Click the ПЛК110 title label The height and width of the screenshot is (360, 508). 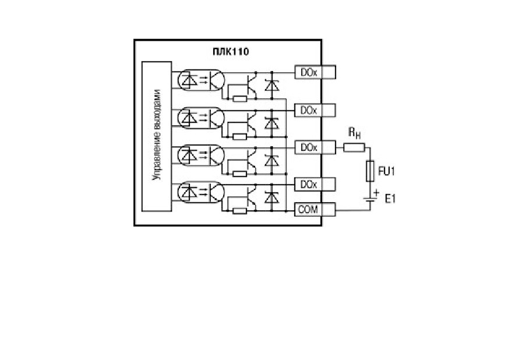coord(231,51)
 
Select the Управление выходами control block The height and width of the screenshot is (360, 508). coord(157,136)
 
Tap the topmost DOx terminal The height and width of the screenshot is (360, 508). coord(315,72)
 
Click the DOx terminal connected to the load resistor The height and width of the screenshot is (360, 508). coord(315,147)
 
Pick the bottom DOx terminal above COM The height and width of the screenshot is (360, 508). coord(315,185)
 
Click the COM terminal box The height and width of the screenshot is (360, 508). coord(315,210)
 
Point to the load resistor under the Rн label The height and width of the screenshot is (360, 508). coord(354,148)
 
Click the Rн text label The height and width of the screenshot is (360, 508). coord(354,133)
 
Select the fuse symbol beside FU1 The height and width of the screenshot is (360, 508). coord(370,171)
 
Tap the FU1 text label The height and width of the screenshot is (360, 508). coord(386,171)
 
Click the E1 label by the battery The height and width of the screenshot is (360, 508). coord(390,198)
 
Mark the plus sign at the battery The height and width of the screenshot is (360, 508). coord(376,192)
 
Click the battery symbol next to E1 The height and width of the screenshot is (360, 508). coord(370,199)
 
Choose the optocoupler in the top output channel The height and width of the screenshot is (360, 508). coord(201,80)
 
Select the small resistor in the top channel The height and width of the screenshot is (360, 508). coord(240,98)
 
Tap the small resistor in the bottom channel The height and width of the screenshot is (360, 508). coord(240,211)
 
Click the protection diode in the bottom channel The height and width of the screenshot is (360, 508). coord(271,197)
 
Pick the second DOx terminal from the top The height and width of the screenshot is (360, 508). coord(315,110)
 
